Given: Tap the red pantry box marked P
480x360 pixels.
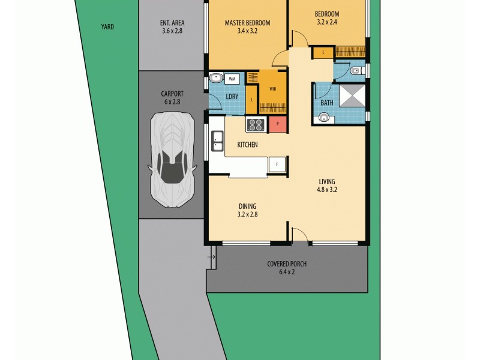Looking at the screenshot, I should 277,124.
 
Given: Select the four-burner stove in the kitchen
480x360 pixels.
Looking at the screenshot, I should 256,124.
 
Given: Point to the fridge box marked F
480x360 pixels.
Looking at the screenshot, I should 277,164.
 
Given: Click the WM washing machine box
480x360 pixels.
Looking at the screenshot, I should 232,79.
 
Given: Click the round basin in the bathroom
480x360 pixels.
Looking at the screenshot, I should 324,118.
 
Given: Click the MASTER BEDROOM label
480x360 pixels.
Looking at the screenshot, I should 247,23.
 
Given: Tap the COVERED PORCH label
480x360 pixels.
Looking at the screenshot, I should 287,264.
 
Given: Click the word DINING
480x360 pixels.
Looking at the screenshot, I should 247,206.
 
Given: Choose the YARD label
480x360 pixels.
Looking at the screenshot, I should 108,27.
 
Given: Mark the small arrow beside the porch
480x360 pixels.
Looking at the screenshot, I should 211,258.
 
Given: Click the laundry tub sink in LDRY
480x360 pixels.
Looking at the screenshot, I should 215,78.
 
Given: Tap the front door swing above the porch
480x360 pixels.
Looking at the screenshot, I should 300,235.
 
